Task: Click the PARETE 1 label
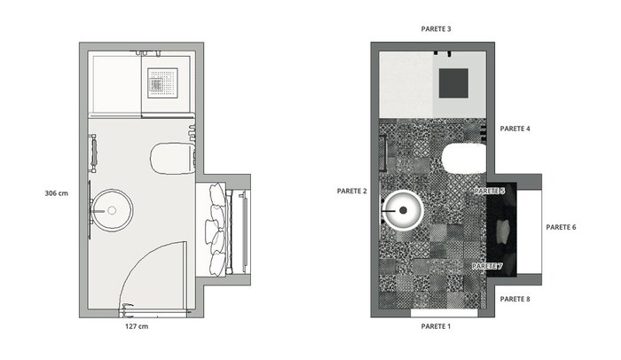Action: [x=436, y=326]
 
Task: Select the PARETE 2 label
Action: [x=351, y=191]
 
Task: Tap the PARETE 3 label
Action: [x=436, y=29]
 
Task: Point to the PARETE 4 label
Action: [x=515, y=129]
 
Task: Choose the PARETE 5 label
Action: [x=490, y=191]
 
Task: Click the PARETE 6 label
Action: [x=561, y=227]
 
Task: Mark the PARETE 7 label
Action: [x=487, y=266]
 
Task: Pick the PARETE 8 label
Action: [x=515, y=299]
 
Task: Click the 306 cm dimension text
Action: [x=56, y=193]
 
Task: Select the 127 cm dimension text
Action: [x=137, y=326]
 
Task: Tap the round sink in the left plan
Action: [x=112, y=210]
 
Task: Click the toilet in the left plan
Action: [x=173, y=159]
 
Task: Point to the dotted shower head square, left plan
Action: [x=162, y=83]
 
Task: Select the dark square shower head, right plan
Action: [x=453, y=83]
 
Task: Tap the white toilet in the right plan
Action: [x=464, y=159]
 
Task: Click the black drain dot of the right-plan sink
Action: [x=403, y=210]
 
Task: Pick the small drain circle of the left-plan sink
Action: [x=112, y=210]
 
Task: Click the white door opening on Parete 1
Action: [x=444, y=313]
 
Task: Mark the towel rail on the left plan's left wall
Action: [x=93, y=153]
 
